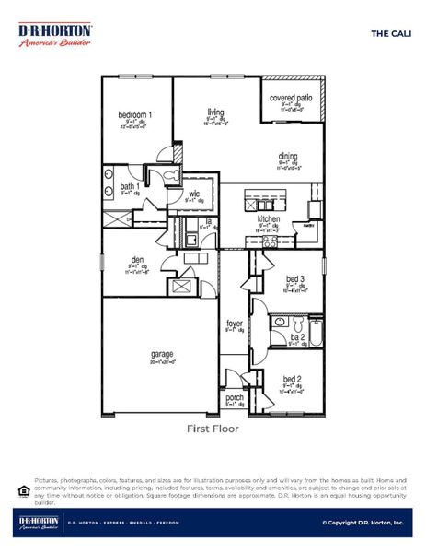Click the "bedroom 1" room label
[x=135, y=114]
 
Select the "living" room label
[x=215, y=111]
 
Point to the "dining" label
[x=288, y=157]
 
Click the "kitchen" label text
[x=268, y=218]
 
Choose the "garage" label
[x=163, y=353]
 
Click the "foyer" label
[x=236, y=324]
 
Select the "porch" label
[x=235, y=397]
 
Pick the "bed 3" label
[x=294, y=278]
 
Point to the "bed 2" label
[x=292, y=379]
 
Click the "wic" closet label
[x=195, y=194]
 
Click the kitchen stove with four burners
[x=269, y=241]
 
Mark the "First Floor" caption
[x=213, y=429]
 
